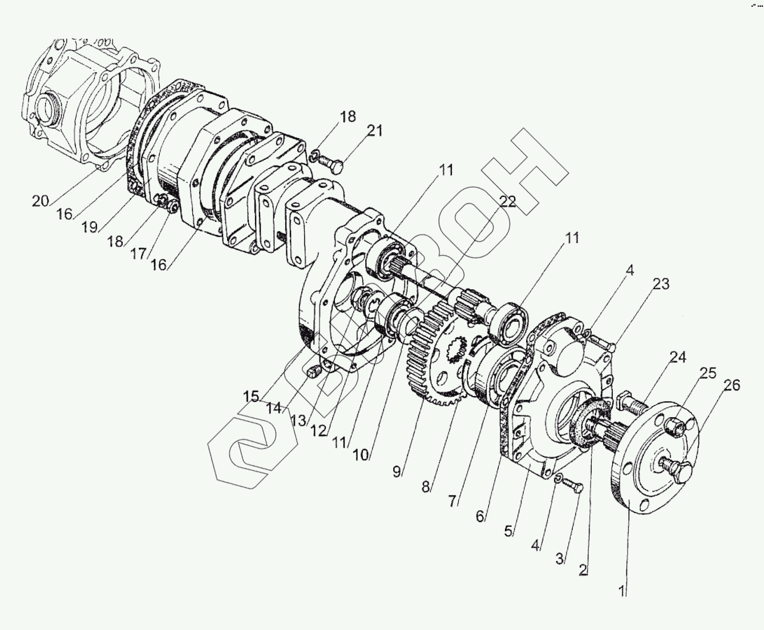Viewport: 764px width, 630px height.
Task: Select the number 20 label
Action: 41,201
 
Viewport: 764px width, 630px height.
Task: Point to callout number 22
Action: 507,201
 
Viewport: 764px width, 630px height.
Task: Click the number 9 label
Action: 397,471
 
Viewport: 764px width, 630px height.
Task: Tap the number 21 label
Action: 374,131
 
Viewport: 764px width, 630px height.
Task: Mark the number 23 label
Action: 661,284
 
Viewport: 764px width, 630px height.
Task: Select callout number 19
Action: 90,227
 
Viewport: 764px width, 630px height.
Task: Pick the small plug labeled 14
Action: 312,374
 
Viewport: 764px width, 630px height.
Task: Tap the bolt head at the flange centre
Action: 678,469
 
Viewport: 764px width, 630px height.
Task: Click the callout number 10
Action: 361,455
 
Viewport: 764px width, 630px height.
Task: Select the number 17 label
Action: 138,253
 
